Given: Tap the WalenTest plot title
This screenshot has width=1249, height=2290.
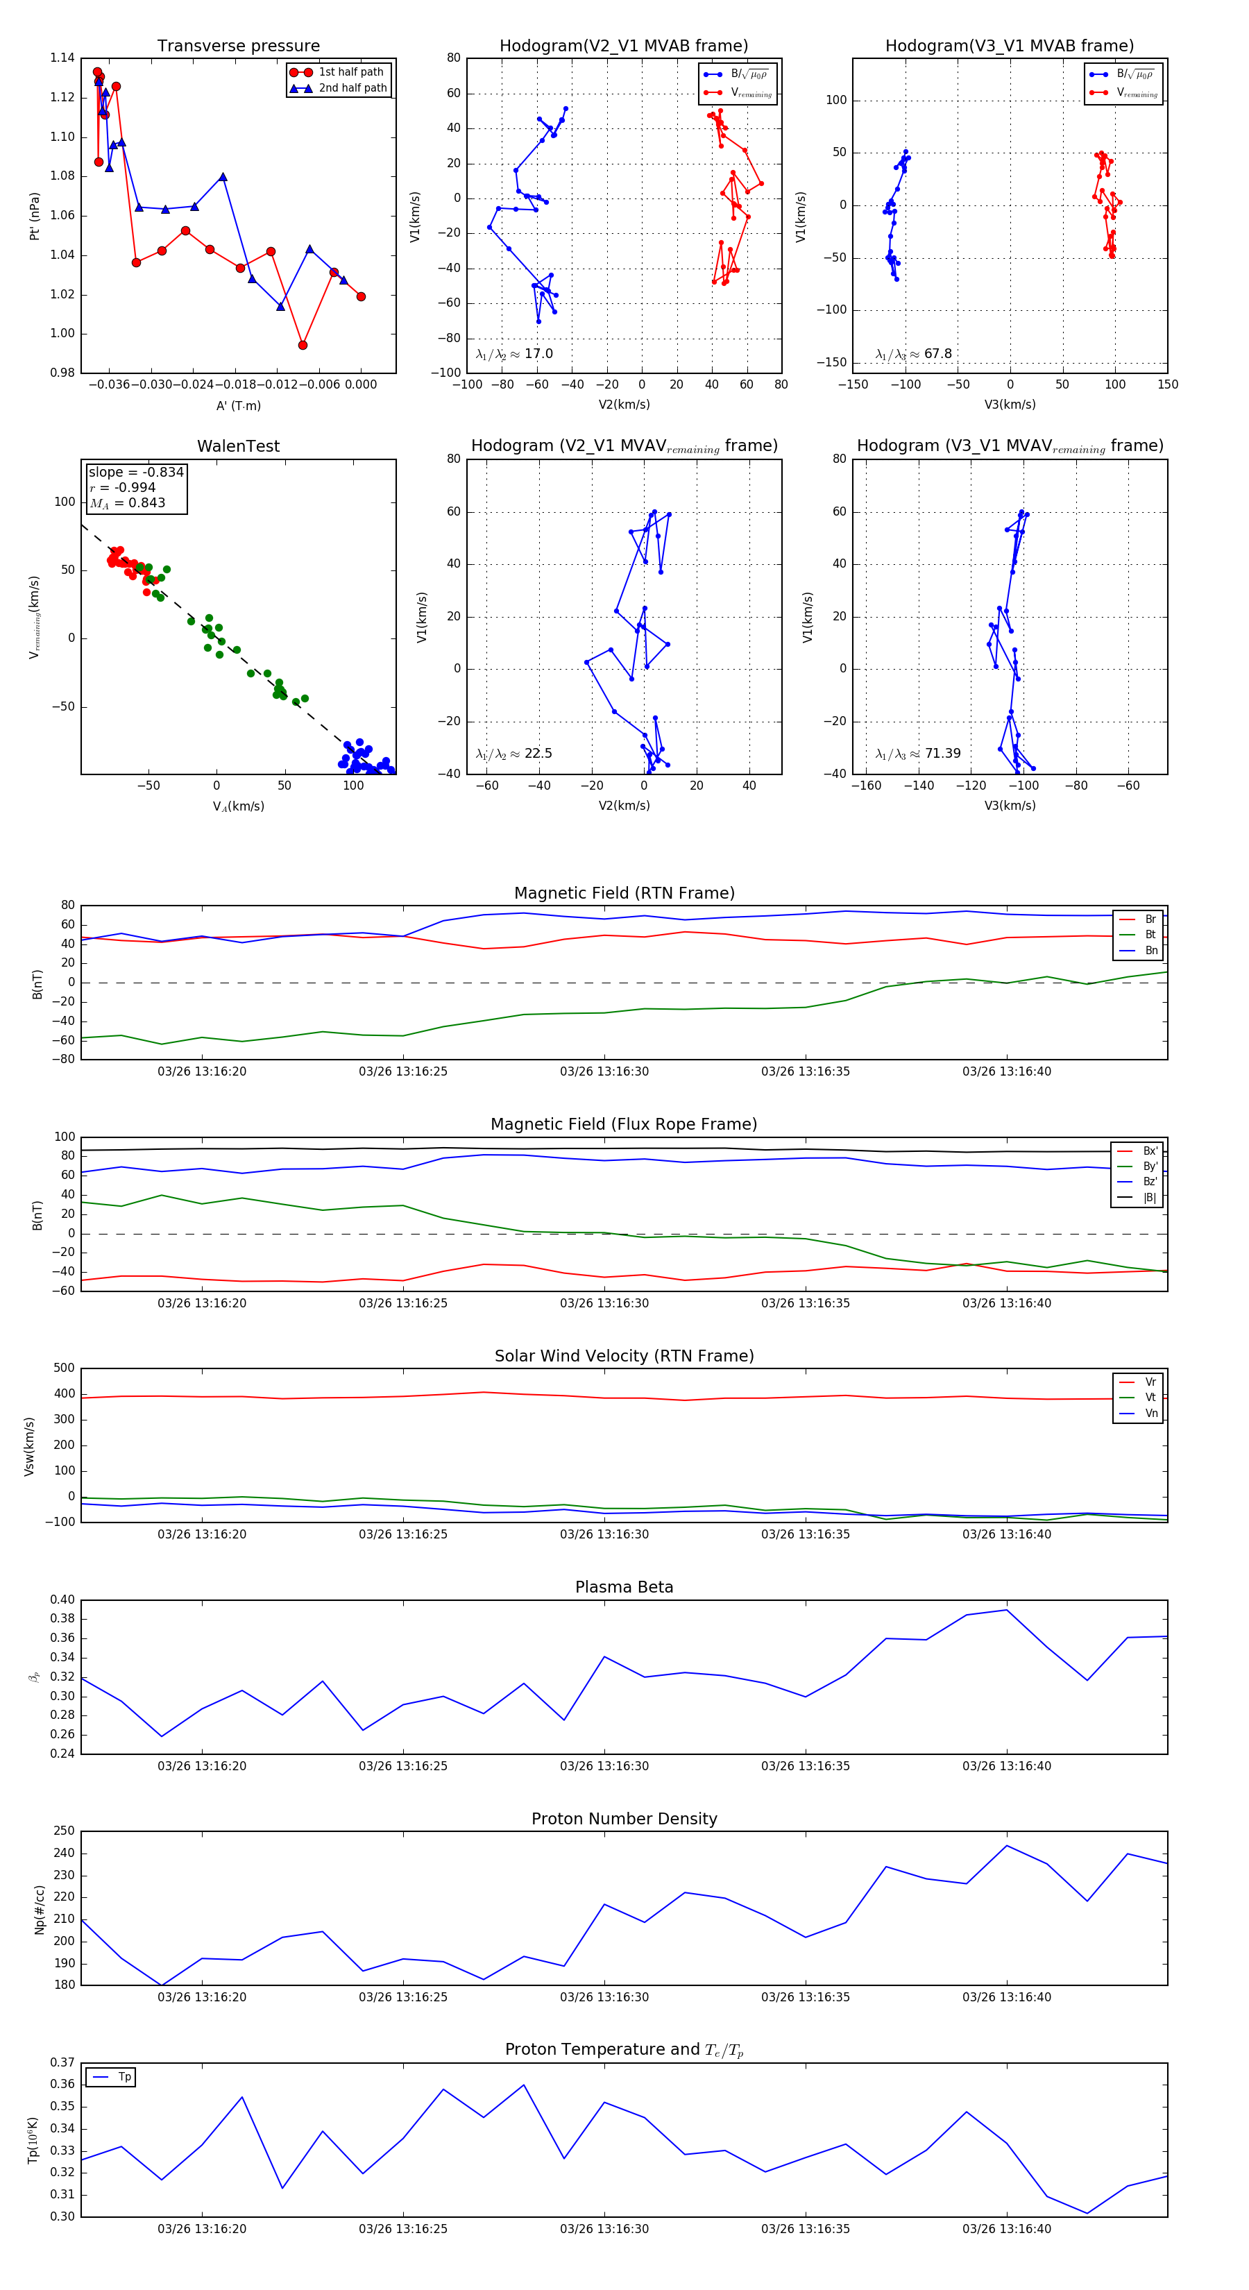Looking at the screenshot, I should point(238,446).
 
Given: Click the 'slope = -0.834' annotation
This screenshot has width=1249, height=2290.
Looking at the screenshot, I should point(136,472).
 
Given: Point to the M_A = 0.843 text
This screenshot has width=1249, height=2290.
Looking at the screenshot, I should point(127,503).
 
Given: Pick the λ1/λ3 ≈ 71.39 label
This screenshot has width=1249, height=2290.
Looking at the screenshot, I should point(917,754).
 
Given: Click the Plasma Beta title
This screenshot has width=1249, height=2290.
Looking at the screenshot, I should point(624,1588).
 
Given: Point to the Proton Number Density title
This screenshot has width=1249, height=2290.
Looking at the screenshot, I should point(624,1819).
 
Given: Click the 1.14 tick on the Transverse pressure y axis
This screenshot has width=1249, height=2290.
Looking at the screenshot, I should point(62,58).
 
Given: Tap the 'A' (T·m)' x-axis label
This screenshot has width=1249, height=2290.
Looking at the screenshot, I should point(238,405).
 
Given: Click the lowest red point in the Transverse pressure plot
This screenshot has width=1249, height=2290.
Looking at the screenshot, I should point(303,345).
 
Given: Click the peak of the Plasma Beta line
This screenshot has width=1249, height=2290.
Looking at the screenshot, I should point(1006,1610).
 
